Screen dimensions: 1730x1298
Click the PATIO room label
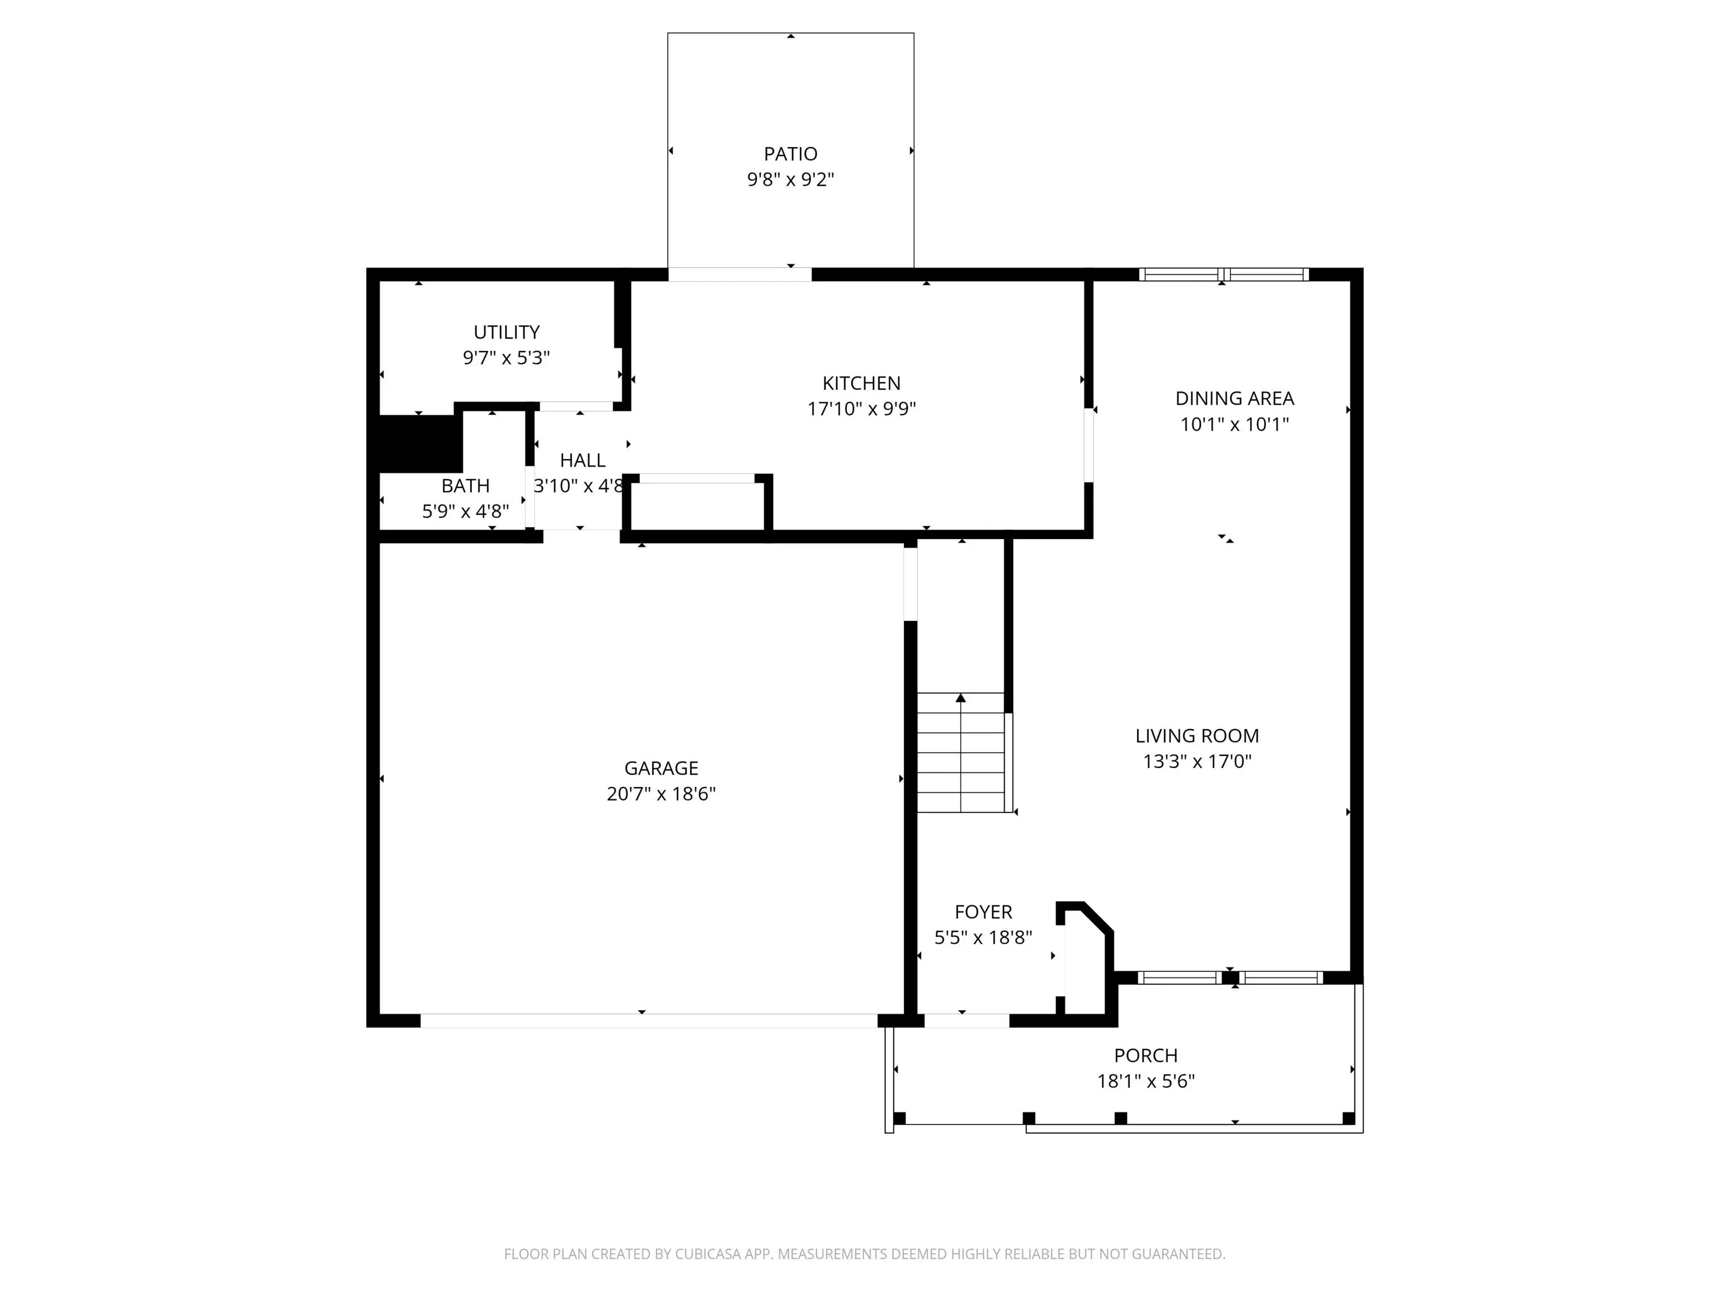pyautogui.click(x=791, y=154)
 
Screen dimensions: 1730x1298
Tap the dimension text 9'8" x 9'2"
pyautogui.click(x=791, y=179)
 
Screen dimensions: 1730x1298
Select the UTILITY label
pyautogui.click(x=507, y=332)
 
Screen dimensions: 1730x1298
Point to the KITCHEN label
pyautogui.click(x=861, y=384)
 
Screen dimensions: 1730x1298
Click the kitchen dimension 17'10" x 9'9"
pyautogui.click(x=861, y=408)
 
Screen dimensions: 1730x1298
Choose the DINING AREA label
pyautogui.click(x=1235, y=398)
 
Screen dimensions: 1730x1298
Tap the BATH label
pyautogui.click(x=465, y=486)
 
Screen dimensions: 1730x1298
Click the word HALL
pyautogui.click(x=583, y=460)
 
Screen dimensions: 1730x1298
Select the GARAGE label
pyautogui.click(x=661, y=768)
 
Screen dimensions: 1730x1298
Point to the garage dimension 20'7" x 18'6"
pyautogui.click(x=661, y=793)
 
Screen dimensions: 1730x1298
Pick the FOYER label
pyautogui.click(x=983, y=912)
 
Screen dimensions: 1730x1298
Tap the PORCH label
pyautogui.click(x=1146, y=1055)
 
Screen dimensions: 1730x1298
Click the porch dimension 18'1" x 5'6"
pyautogui.click(x=1146, y=1081)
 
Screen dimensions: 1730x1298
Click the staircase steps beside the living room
pyautogui.click(x=960, y=753)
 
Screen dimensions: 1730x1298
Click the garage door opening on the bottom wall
pyautogui.click(x=648, y=1020)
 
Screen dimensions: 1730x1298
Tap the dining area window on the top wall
pyautogui.click(x=1223, y=274)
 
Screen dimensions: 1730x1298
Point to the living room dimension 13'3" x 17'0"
pyautogui.click(x=1197, y=761)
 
